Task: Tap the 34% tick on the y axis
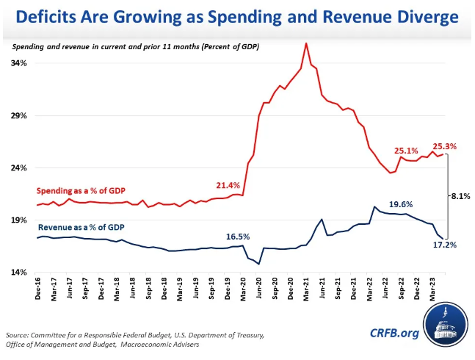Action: tap(19, 63)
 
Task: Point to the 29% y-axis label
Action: tap(19, 116)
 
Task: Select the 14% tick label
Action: tap(19, 273)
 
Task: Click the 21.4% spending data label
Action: tap(228, 184)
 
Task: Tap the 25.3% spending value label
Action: tap(446, 146)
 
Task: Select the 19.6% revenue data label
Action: tap(402, 204)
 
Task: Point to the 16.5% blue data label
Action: tap(238, 237)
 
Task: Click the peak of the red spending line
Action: tap(306, 43)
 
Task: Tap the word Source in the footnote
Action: tap(20, 334)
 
